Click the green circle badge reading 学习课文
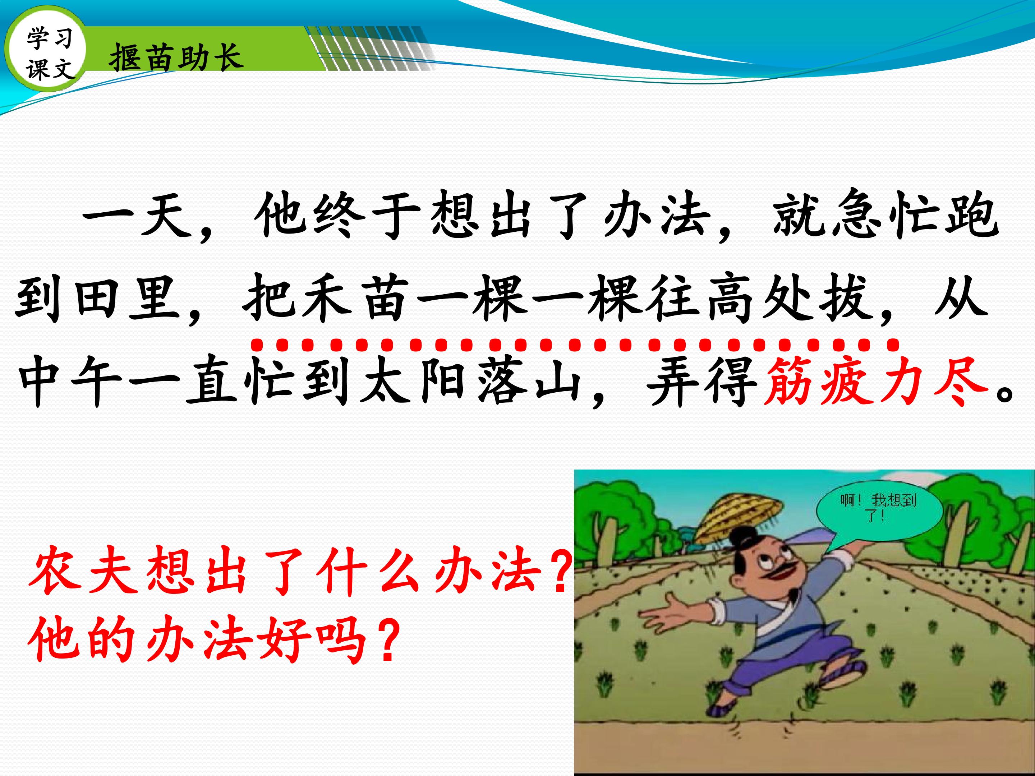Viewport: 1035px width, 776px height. click(45, 52)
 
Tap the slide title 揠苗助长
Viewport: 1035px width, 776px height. click(176, 58)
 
